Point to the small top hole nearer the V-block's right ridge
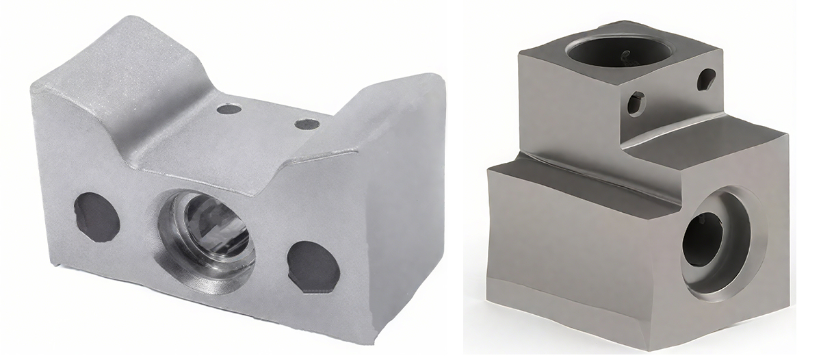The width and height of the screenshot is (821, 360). coord(306,124)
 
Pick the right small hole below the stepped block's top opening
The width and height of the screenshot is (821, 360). coord(705,80)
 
